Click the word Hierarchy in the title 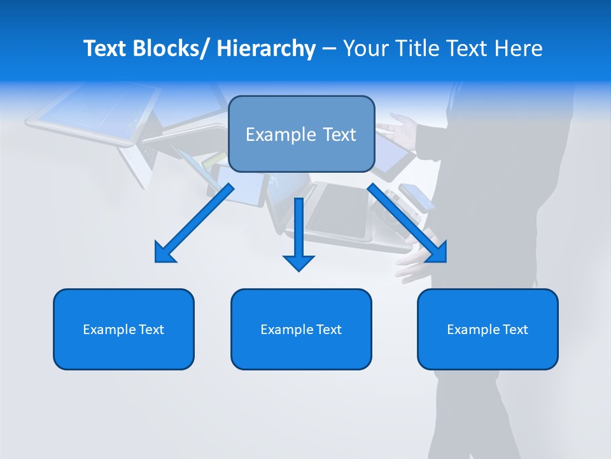click(266, 48)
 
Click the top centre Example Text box click(301, 134)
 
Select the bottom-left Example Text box click(123, 329)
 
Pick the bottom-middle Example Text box click(301, 329)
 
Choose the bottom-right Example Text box click(488, 329)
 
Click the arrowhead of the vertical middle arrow click(298, 262)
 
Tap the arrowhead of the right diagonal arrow click(439, 254)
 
